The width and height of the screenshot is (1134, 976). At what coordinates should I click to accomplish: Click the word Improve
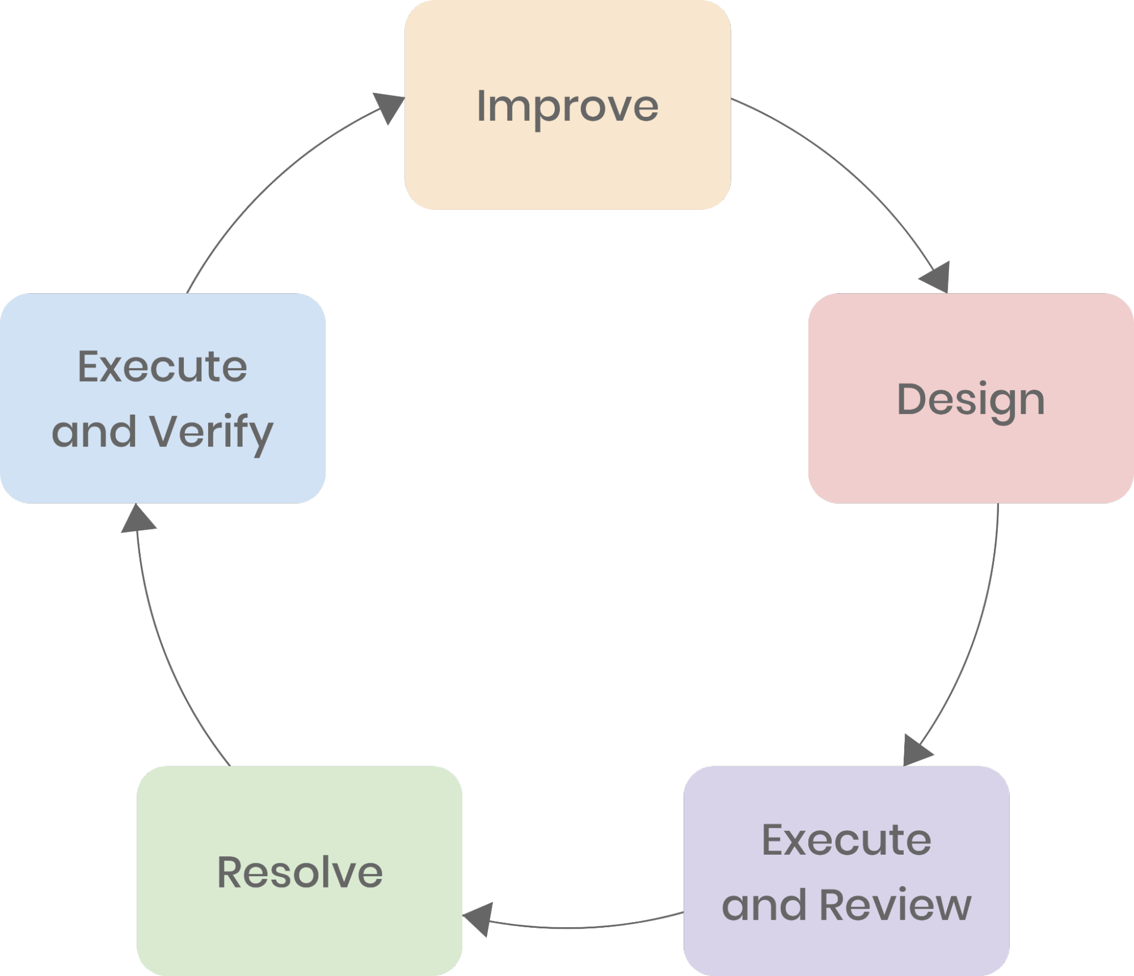click(x=567, y=106)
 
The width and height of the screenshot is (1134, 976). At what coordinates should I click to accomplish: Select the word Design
click(x=971, y=400)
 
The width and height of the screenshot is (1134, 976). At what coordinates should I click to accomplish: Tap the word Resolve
click(x=300, y=872)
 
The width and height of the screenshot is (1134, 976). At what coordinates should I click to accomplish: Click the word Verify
click(x=211, y=432)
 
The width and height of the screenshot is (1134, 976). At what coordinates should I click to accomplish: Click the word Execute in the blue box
click(x=162, y=367)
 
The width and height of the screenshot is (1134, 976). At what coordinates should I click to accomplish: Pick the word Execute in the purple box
click(x=846, y=840)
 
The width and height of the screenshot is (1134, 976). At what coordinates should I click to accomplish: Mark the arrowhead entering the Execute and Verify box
click(x=138, y=519)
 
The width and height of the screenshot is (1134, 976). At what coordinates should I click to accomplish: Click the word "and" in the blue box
click(x=94, y=432)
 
